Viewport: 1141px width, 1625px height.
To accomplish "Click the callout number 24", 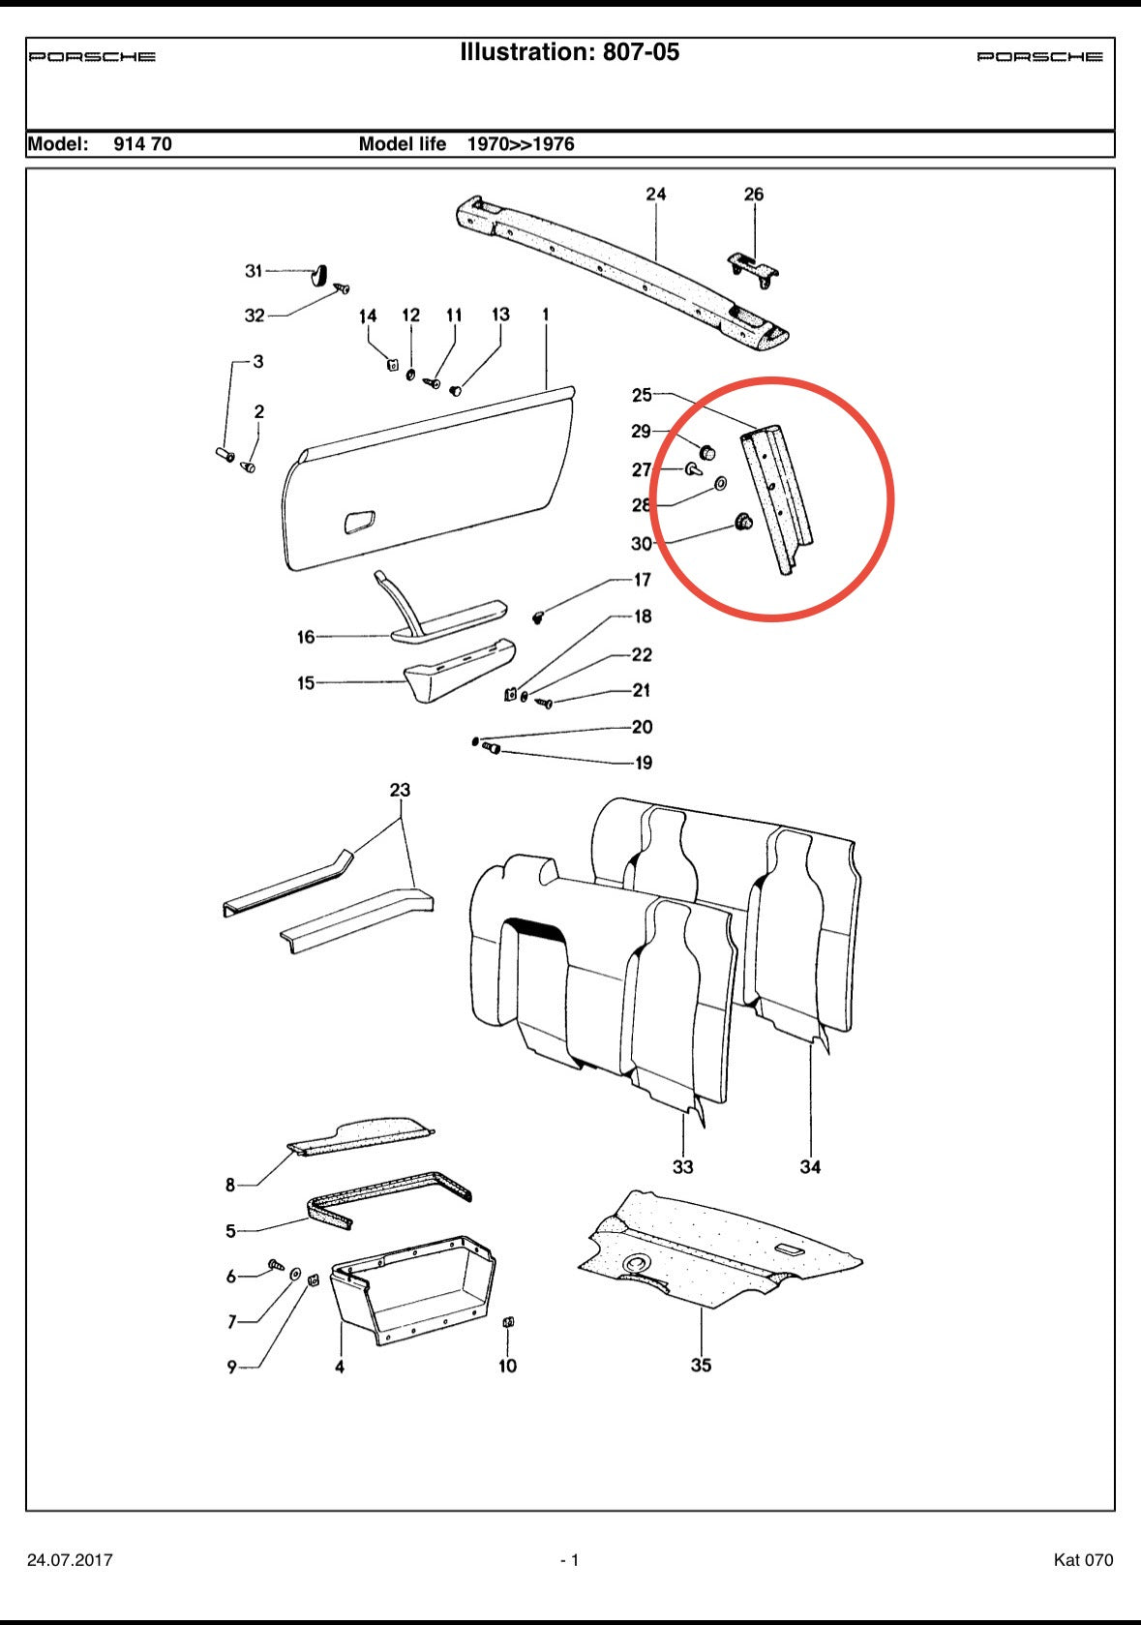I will click(x=656, y=195).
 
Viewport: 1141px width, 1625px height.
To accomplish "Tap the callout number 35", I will click(x=701, y=1365).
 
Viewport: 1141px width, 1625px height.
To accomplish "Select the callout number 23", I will click(x=400, y=790).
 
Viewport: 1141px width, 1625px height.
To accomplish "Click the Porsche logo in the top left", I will click(x=92, y=57).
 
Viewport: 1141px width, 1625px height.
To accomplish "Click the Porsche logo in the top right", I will click(x=1039, y=57).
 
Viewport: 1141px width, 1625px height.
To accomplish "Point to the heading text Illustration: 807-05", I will click(x=569, y=52).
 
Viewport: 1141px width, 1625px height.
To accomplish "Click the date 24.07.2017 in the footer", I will click(x=70, y=1560).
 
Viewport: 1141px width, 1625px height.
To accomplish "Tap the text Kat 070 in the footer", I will click(x=1083, y=1560).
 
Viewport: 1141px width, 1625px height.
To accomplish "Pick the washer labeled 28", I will click(x=721, y=483).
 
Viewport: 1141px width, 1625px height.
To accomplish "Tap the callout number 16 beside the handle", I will click(x=306, y=637).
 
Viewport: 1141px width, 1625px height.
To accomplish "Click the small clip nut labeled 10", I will click(x=508, y=1322).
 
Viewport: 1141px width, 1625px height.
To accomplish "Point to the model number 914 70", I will click(x=142, y=144).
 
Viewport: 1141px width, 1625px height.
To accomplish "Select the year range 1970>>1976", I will click(x=521, y=144).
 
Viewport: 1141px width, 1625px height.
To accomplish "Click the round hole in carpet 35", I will click(x=638, y=1262).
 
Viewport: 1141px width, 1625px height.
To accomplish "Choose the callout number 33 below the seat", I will click(x=682, y=1166).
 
